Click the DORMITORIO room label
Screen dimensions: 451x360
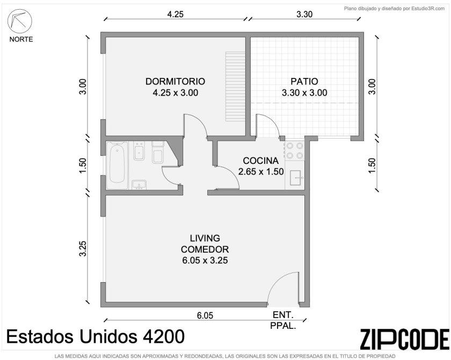pos(175,82)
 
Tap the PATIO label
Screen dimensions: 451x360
pos(304,82)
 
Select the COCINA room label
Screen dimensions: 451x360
pos(260,161)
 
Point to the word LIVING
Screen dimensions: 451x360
pos(205,238)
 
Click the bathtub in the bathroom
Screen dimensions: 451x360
pos(117,165)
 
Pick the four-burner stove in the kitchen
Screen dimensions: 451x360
pos(295,150)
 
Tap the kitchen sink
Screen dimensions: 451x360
pos(295,177)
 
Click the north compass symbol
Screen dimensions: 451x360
pos(19,21)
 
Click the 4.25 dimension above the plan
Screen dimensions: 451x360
pos(175,14)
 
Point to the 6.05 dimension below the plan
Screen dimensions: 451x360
pos(205,316)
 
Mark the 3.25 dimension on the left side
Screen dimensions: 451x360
pos(83,248)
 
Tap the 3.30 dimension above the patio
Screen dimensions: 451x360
pos(304,14)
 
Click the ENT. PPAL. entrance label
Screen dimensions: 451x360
pos(283,320)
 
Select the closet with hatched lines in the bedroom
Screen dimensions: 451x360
pos(235,87)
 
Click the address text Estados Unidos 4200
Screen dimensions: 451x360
pos(95,336)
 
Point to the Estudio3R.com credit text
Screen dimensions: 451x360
pos(394,9)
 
